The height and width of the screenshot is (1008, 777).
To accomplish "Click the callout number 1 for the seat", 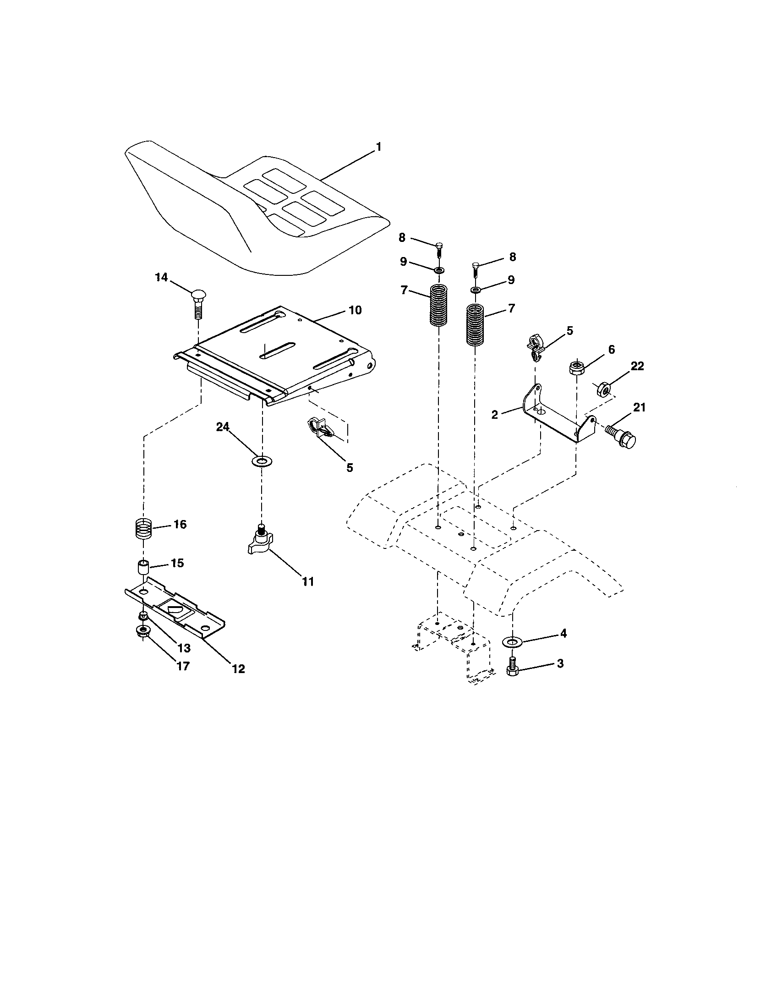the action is [378, 147].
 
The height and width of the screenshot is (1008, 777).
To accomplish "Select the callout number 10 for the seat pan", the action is [355, 310].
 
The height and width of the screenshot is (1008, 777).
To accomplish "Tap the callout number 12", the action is [238, 669].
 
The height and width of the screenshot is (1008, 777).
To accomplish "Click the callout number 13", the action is [184, 648].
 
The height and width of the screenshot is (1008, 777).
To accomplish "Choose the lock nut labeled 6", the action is [576, 367].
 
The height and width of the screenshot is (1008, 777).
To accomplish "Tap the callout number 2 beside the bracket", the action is [495, 415].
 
